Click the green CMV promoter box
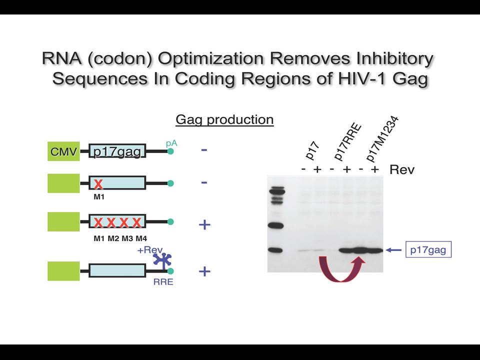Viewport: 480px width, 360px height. pos(63,151)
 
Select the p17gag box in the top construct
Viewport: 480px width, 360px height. pos(117,151)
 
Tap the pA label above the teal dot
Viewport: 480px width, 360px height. pos(171,143)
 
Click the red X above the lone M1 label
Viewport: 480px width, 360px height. pos(98,184)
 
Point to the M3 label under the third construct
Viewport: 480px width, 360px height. pos(127,238)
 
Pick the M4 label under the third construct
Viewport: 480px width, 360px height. pos(141,238)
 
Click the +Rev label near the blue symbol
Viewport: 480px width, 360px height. pos(150,250)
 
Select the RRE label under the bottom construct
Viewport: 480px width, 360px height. pos(163,281)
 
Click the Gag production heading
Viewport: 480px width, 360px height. pos(224,119)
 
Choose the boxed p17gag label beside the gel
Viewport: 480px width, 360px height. pos(428,250)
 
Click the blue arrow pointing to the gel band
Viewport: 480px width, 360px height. pos(393,250)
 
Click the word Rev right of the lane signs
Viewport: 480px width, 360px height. pos(402,169)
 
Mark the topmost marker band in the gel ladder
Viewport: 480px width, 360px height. pos(277,187)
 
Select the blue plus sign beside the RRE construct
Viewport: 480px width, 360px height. pos(204,271)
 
